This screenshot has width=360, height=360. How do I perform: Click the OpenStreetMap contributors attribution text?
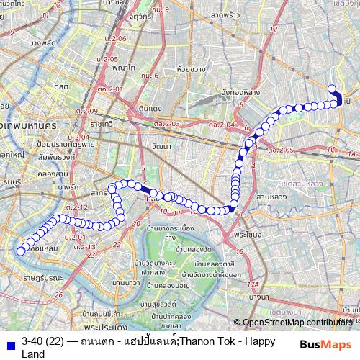click(x=297, y=323)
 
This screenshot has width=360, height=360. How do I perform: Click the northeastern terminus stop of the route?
click(x=332, y=89)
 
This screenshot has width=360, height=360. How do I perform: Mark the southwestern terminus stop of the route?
click(x=20, y=251)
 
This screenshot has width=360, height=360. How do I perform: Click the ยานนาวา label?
click(x=126, y=282)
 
